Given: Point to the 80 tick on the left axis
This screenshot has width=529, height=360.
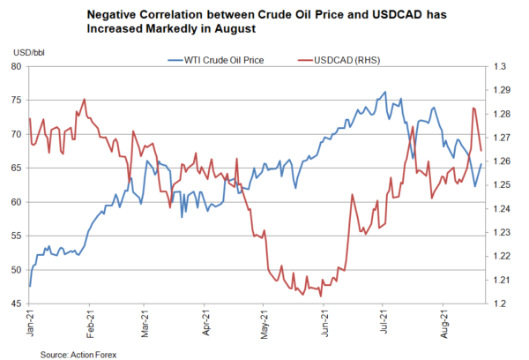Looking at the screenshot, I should click(x=18, y=67).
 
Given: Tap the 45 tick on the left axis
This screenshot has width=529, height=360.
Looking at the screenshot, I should click(x=18, y=304).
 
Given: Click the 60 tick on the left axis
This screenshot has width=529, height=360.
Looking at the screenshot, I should click(x=18, y=202).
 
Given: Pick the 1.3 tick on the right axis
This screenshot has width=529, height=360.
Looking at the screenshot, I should click(x=498, y=67).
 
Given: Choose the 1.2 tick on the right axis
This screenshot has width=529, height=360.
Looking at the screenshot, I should click(x=498, y=304).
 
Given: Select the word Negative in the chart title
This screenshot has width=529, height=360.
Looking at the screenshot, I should click(x=138, y=14).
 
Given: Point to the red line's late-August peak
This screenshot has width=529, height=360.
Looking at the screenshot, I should click(x=473, y=108).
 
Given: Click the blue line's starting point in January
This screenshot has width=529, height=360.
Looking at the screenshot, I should click(x=30, y=286).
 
